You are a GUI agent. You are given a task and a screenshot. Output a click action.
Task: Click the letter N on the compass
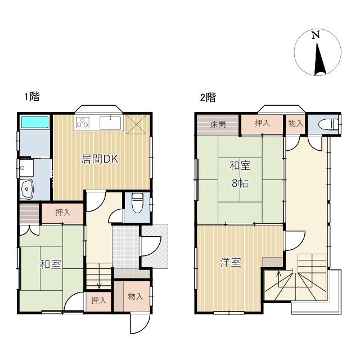point(316,35)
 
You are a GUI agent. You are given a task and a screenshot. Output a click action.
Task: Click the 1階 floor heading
point(32,96)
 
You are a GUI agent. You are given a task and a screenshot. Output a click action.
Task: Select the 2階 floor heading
point(208,97)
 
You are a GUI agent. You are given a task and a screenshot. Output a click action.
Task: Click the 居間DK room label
point(100,159)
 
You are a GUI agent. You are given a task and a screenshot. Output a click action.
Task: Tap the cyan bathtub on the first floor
point(35,122)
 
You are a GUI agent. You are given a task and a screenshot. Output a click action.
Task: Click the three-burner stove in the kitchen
point(83,123)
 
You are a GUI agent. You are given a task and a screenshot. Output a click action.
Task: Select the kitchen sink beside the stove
point(110,123)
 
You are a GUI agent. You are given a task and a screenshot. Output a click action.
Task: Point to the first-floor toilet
point(137,203)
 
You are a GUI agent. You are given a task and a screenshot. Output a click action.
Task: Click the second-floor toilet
point(328,124)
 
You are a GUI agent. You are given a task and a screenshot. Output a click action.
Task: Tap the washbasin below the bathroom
point(27,189)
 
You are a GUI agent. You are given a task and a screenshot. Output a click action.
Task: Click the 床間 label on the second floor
point(218,125)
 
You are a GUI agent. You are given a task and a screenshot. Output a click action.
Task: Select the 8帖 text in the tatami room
point(240,183)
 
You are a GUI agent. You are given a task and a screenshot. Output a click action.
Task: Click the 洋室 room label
point(231,262)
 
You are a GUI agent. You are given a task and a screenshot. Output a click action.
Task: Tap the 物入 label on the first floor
point(136,296)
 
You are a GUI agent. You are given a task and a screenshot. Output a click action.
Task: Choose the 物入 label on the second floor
point(296,124)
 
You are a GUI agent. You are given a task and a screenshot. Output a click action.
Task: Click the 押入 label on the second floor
point(262,123)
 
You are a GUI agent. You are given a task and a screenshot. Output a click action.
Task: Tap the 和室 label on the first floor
point(51,264)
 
